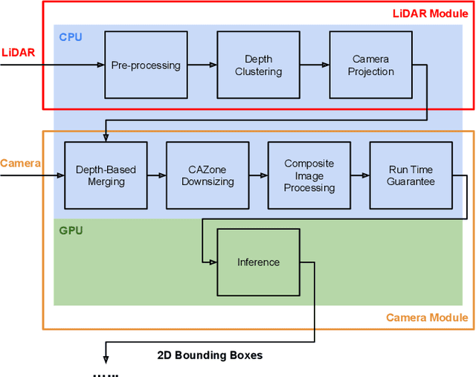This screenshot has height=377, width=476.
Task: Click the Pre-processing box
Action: pos(146,65)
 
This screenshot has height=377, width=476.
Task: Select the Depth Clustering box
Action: pos(258,65)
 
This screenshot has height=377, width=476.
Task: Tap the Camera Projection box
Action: pos(371,65)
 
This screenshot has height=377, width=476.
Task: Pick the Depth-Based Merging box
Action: pos(106,175)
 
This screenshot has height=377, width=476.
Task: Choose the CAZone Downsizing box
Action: pos(208,175)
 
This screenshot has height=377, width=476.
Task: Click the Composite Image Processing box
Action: pos(309,175)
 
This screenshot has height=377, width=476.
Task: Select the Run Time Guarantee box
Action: pos(411,175)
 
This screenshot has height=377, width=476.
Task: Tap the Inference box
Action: pos(258,262)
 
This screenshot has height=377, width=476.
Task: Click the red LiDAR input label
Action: pos(17,52)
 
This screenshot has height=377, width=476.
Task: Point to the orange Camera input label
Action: pos(20,163)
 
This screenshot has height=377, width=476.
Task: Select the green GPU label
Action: pos(71,231)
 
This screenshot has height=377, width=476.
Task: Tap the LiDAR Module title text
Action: pos(430,14)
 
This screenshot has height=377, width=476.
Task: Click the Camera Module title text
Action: pos(427,318)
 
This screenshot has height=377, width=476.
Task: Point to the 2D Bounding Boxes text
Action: pos(210,355)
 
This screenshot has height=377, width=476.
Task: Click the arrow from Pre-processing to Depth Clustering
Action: pos(202,65)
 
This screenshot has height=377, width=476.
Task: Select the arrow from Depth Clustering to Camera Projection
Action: pos(315,65)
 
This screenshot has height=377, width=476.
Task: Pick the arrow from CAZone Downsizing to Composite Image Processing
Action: pos(259,175)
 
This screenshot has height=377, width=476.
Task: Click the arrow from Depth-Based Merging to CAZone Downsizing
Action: pos(157,175)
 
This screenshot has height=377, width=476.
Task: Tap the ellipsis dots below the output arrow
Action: pos(105,374)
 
